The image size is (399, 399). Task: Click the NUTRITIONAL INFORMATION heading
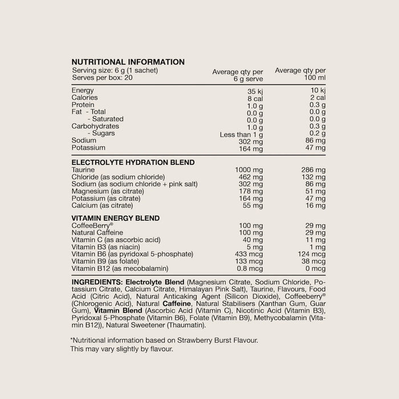(128, 62)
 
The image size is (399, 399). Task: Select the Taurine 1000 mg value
(249, 170)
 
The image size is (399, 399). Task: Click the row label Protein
(83, 105)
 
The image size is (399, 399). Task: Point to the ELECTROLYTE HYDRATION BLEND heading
(133, 162)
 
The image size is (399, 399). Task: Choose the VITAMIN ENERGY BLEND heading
(115, 218)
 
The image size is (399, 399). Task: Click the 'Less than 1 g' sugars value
(241, 133)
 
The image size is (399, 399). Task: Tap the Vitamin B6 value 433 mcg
(249, 254)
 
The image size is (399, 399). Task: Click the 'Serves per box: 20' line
(102, 77)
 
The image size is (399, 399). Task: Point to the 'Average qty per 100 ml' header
(300, 74)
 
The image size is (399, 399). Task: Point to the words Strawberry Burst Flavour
(221, 341)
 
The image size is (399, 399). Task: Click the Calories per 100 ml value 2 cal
(315, 97)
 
